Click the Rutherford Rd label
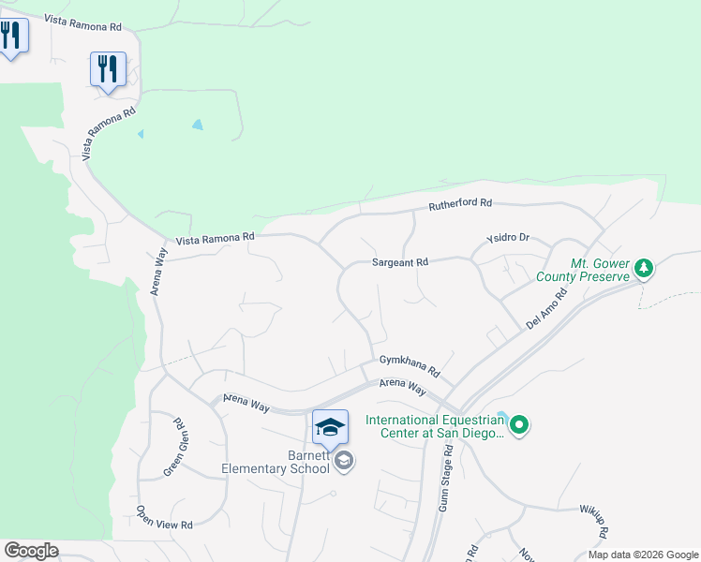click(x=460, y=203)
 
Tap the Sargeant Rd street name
click(x=399, y=263)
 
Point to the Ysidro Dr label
click(x=508, y=238)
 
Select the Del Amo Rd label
click(x=547, y=307)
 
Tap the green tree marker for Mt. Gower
click(x=644, y=269)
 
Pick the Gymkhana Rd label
click(x=410, y=360)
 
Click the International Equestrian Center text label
click(x=435, y=426)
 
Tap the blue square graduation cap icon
click(x=330, y=427)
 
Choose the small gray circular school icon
click(x=344, y=460)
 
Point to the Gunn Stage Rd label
click(x=446, y=477)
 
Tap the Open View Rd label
click(x=164, y=516)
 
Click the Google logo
click(x=30, y=551)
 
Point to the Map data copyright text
click(x=642, y=555)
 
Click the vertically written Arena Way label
click(x=159, y=271)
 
